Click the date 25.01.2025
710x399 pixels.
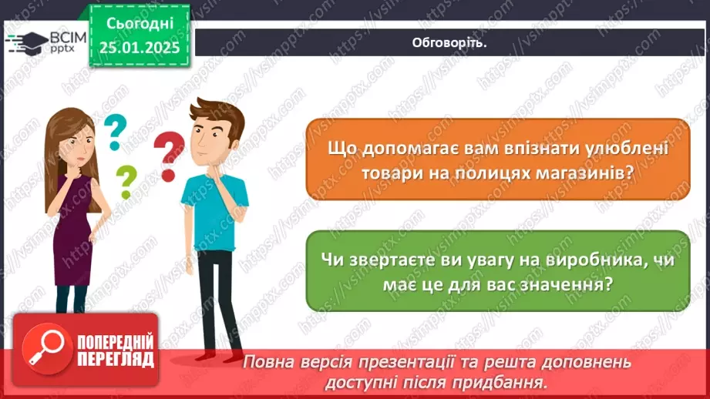(140, 48)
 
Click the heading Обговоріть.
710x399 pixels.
(450, 42)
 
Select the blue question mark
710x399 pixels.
(114, 131)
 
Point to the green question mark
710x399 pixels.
(125, 183)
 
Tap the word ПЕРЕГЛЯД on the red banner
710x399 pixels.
(115, 359)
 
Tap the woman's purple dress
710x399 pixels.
(72, 231)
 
